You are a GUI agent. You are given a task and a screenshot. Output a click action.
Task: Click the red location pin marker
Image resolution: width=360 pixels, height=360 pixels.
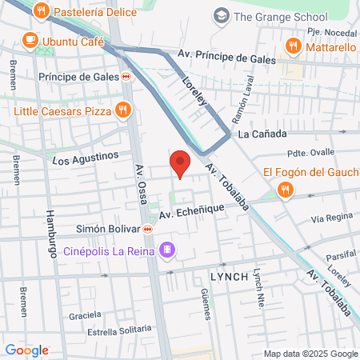point(180,164)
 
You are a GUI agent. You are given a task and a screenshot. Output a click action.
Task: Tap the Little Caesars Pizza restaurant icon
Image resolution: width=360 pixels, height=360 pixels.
point(122,110)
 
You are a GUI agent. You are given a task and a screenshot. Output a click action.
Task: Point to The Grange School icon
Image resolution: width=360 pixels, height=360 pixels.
point(221,15)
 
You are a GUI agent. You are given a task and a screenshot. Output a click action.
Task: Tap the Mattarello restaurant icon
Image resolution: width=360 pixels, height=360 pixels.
point(294,46)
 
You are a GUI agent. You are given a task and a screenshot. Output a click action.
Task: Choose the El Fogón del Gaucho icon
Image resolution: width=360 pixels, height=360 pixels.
point(286,190)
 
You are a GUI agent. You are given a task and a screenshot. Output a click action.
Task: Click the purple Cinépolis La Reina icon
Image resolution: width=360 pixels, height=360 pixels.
point(167,250)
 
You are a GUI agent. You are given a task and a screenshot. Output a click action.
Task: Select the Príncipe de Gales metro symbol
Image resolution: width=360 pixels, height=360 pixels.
point(126,77)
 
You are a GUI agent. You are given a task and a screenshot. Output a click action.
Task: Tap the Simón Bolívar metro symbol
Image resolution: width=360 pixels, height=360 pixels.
point(148,230)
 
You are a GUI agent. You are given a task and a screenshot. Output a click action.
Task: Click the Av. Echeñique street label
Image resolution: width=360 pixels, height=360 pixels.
point(192,210)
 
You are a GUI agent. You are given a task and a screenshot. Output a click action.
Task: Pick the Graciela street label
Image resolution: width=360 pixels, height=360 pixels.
point(85,315)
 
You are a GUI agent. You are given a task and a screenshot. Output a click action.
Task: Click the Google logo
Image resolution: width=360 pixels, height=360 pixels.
point(26,350)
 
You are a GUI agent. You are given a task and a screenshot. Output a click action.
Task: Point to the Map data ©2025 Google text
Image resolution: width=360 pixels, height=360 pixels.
point(311,354)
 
